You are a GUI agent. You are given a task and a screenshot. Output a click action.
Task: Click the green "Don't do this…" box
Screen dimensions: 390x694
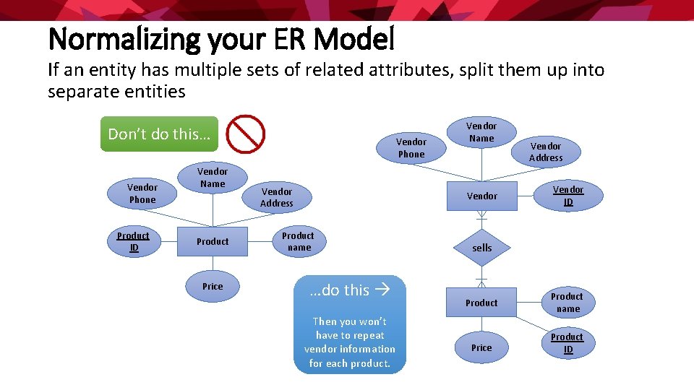(x=158, y=134)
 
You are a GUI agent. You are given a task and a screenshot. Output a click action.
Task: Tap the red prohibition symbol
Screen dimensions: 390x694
(x=246, y=134)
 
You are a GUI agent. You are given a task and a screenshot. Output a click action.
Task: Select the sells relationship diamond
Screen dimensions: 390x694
(x=481, y=248)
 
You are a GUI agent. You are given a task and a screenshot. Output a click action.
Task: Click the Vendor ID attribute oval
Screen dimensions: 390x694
(x=568, y=196)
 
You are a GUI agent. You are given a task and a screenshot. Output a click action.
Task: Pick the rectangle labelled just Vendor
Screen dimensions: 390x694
(x=481, y=196)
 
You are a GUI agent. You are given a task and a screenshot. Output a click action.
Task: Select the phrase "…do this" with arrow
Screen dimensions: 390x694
(x=349, y=290)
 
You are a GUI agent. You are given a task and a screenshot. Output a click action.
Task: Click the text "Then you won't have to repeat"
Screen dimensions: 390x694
(x=349, y=329)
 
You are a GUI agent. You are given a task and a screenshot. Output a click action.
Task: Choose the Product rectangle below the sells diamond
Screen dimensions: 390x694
(x=481, y=303)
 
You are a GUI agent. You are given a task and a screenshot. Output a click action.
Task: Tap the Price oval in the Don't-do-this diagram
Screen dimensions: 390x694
(x=213, y=287)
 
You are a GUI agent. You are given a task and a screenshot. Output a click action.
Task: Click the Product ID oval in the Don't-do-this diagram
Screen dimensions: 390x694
(x=133, y=242)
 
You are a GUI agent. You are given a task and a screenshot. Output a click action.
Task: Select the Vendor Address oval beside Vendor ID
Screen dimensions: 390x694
(x=546, y=152)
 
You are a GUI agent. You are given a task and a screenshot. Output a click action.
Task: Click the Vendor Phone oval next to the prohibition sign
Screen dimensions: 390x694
(x=411, y=148)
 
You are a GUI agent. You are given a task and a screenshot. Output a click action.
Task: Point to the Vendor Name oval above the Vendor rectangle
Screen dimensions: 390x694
(x=481, y=132)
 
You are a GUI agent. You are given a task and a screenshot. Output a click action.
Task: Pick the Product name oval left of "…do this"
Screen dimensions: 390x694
(x=298, y=242)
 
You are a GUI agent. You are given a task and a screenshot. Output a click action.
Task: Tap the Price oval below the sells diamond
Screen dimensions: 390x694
(x=481, y=348)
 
